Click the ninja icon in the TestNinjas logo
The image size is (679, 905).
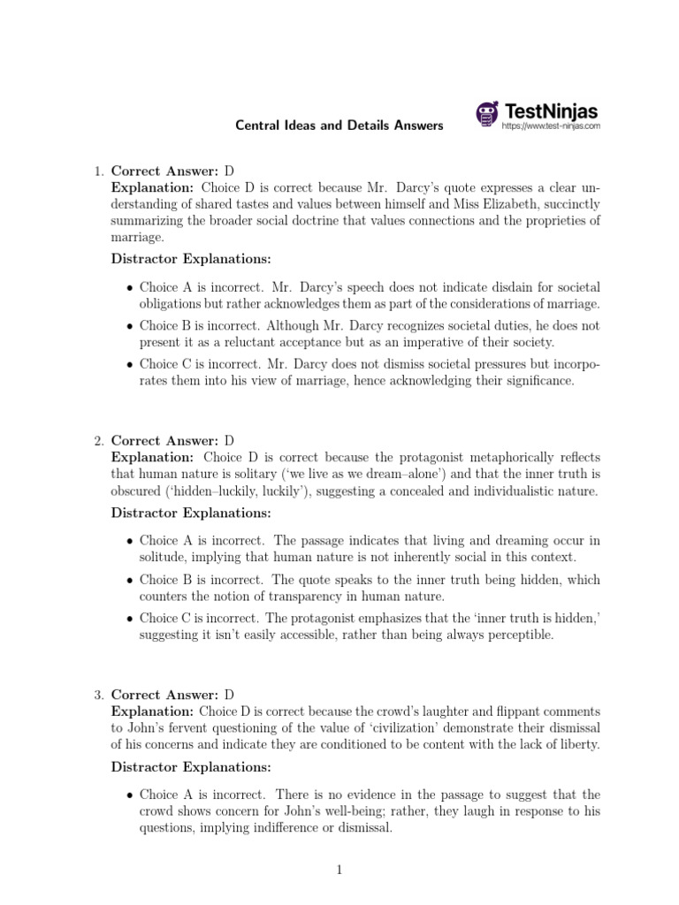pyautogui.click(x=487, y=114)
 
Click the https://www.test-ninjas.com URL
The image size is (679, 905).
pyautogui.click(x=550, y=126)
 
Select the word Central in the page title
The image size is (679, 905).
pyautogui.click(x=256, y=125)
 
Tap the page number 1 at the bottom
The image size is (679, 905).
pyautogui.click(x=339, y=871)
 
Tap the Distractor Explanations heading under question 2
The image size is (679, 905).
pyautogui.click(x=191, y=513)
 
